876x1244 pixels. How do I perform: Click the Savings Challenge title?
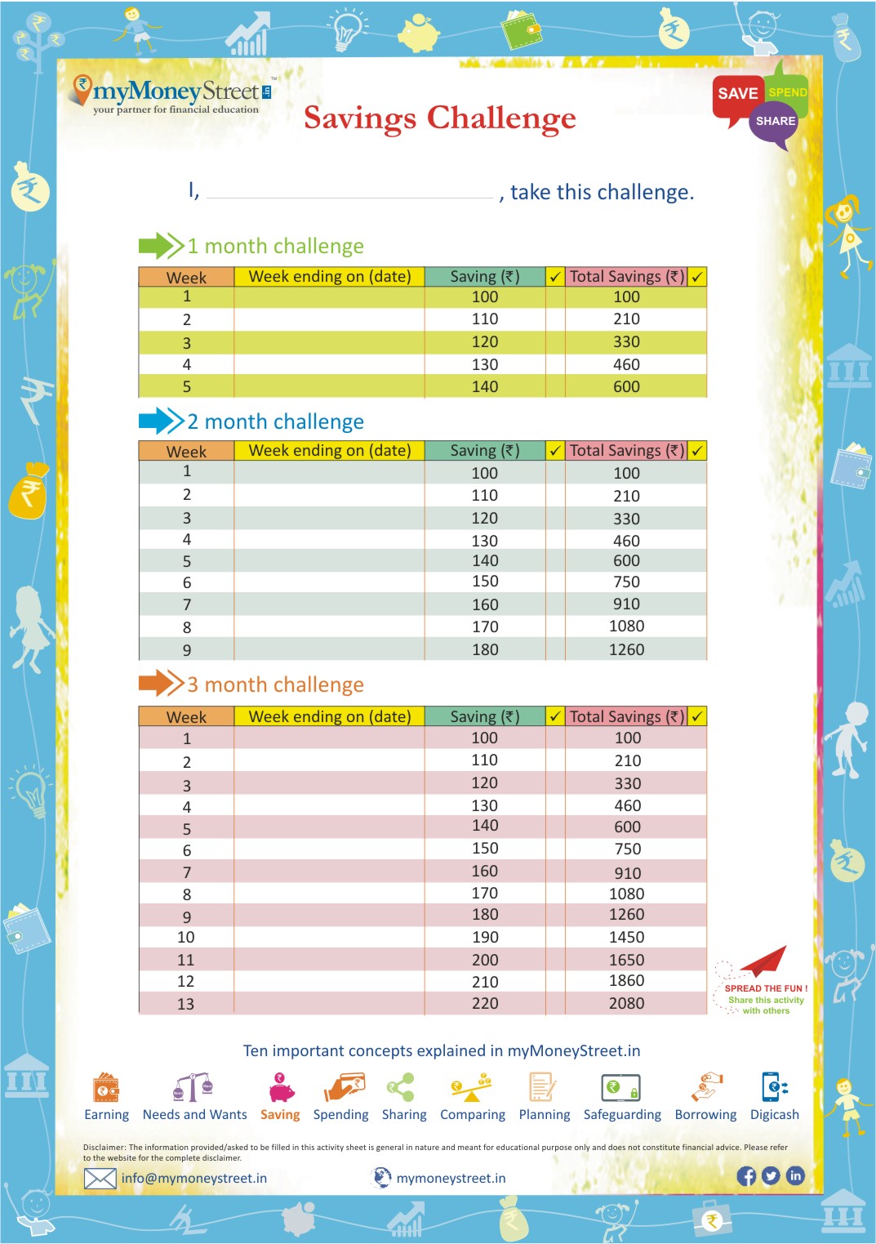(439, 118)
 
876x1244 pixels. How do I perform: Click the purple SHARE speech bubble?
(774, 123)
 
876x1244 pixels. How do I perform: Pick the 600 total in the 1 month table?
(626, 387)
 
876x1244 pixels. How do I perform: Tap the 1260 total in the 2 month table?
(626, 649)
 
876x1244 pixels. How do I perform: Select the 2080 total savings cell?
(626, 1003)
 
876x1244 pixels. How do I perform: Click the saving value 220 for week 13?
(485, 1003)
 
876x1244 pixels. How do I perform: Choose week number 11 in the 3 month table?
(186, 960)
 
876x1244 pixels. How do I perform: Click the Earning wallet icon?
(106, 1088)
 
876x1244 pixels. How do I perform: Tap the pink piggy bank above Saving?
(281, 1089)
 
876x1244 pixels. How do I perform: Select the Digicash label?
(774, 1114)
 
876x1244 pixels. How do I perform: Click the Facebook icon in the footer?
(746, 1175)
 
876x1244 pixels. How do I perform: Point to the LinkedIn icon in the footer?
(795, 1175)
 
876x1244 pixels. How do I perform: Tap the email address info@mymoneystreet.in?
(193, 1178)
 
